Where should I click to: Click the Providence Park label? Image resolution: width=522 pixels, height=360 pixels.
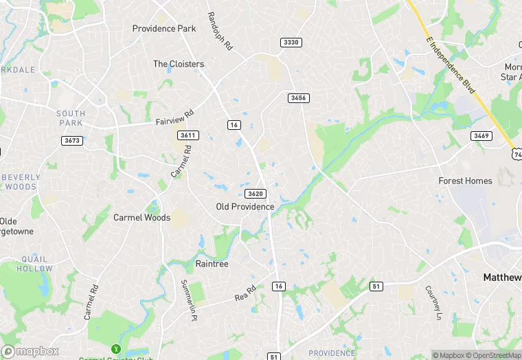(164, 29)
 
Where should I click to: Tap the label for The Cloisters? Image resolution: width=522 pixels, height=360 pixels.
(179, 64)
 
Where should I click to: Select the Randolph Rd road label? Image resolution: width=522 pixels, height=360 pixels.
(219, 30)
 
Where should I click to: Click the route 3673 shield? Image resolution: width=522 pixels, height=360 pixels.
(71, 141)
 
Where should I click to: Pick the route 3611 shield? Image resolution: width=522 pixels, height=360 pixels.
(188, 135)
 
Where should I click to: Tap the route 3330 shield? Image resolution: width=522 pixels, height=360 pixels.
(291, 43)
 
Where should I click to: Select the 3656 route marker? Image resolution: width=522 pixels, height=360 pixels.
(298, 98)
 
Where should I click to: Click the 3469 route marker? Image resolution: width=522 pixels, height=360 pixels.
(481, 136)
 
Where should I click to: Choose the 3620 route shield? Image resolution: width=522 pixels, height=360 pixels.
(256, 194)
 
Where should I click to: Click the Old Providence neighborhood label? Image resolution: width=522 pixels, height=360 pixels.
(245, 207)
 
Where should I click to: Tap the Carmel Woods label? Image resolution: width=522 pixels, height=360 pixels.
(141, 218)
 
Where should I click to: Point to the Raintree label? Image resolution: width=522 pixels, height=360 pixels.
(212, 264)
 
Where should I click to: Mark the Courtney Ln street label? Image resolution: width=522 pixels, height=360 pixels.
(433, 303)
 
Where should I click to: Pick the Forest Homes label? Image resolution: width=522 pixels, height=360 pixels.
(466, 181)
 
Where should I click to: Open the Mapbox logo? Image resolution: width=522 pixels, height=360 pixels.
(30, 351)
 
